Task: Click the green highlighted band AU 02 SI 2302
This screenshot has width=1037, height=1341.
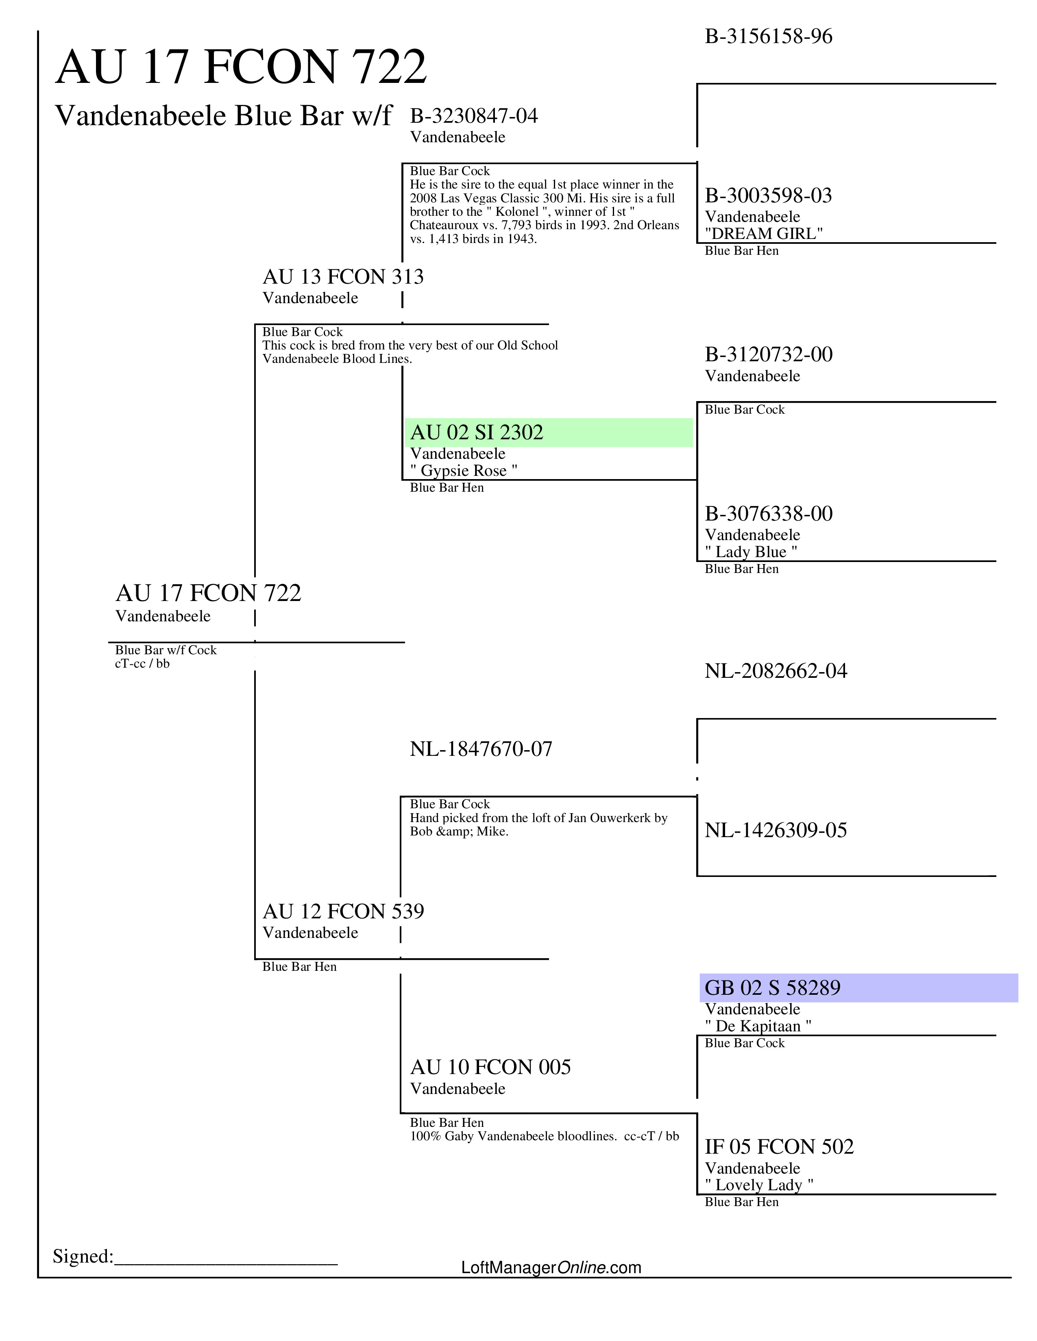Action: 477,433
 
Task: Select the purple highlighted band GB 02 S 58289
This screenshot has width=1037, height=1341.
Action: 772,988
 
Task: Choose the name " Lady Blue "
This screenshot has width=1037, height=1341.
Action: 751,552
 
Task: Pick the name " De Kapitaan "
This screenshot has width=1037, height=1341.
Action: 758,1026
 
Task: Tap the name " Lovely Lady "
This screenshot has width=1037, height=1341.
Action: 759,1185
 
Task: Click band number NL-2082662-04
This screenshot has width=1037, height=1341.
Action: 775,671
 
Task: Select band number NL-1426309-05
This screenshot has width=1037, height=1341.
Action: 775,830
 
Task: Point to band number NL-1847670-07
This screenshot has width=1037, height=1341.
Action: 481,749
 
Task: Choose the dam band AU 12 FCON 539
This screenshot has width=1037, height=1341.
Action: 343,911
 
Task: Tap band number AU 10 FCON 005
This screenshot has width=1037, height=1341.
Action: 490,1067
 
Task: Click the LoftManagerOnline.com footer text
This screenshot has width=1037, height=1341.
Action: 551,1268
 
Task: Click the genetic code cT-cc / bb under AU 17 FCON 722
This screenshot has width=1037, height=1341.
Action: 142,664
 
